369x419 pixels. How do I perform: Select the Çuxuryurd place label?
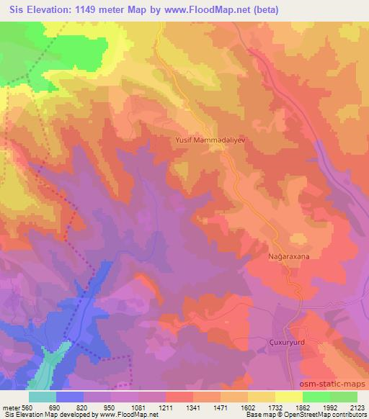pyautogui.click(x=291, y=343)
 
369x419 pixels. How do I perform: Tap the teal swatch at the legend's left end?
pyautogui.click(x=43, y=397)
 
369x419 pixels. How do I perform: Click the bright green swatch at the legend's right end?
pyautogui.click(x=343, y=397)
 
